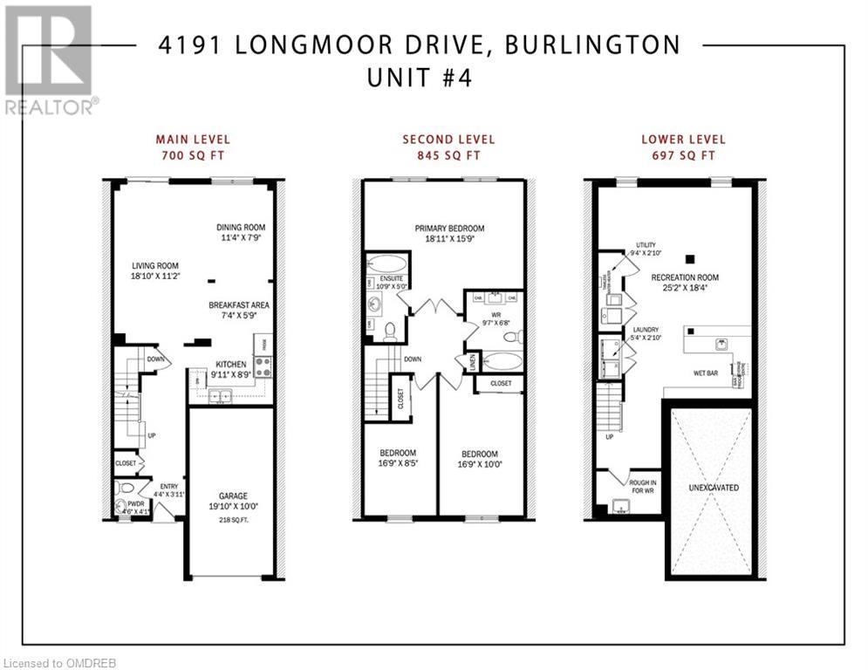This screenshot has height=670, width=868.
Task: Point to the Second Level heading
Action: click(448, 139)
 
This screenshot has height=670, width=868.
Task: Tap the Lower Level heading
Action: click(683, 139)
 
